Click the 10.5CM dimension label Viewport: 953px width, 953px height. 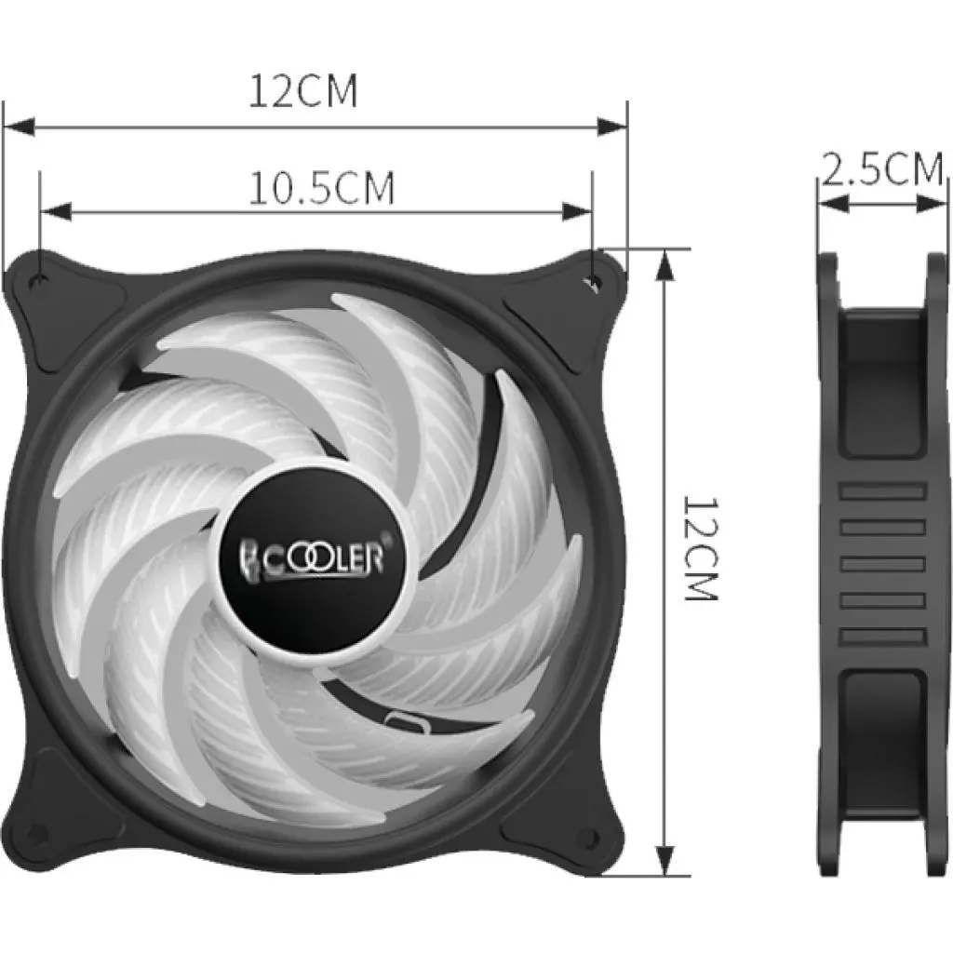(321, 189)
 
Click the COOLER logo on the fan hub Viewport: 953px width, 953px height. (314, 558)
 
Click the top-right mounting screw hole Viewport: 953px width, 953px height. (595, 278)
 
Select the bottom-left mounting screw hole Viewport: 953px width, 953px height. (37, 831)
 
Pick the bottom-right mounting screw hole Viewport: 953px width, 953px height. (589, 831)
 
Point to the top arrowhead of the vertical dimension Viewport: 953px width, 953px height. (664, 264)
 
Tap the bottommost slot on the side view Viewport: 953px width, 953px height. (882, 637)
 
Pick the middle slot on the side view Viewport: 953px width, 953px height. (882, 564)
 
